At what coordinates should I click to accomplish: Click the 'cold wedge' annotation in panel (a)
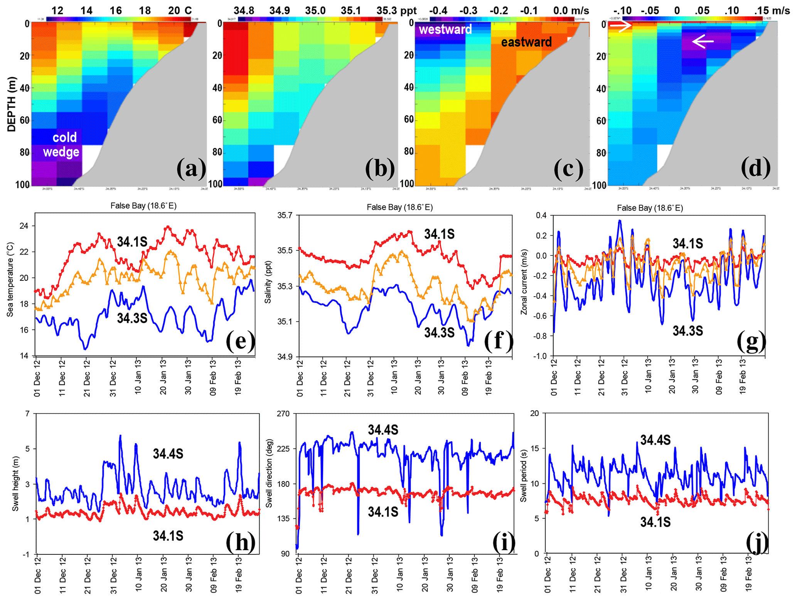(62, 145)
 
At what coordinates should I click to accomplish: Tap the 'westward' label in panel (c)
(445, 30)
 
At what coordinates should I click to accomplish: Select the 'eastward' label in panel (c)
(526, 42)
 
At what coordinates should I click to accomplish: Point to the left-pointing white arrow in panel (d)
(703, 41)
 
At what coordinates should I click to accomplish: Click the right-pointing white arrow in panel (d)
(621, 26)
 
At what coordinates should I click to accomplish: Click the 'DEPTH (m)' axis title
(12, 104)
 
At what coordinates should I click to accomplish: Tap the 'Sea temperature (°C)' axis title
(10, 280)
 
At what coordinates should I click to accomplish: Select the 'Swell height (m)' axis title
(15, 485)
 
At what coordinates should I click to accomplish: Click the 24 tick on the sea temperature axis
(24, 226)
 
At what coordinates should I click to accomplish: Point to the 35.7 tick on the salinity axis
(285, 215)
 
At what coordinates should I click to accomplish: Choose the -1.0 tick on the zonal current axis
(539, 356)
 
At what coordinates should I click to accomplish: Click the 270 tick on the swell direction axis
(283, 414)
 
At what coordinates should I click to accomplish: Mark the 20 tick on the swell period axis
(534, 414)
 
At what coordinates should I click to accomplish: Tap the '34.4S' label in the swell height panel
(168, 454)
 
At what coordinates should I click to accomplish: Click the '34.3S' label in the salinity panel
(439, 333)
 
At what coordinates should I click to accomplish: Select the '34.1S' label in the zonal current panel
(687, 244)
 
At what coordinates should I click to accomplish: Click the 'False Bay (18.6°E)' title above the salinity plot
(399, 208)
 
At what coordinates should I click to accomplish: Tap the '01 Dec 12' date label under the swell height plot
(38, 574)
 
